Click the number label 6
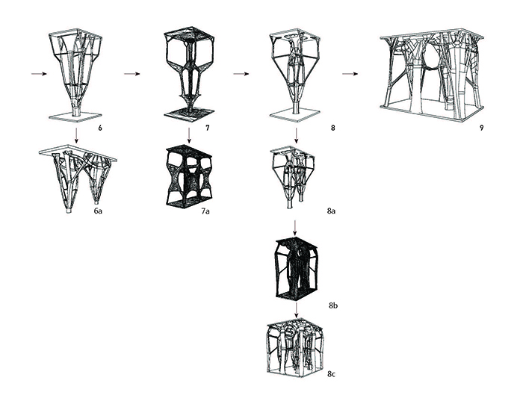click(99, 128)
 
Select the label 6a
click(98, 212)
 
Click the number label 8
click(333, 128)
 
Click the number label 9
click(482, 128)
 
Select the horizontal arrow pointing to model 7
click(132, 74)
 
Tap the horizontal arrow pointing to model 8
click(241, 74)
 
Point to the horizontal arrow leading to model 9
click(350, 74)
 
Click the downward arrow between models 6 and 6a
click(76, 135)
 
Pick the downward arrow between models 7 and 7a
click(190, 135)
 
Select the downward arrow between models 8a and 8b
click(297, 226)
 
